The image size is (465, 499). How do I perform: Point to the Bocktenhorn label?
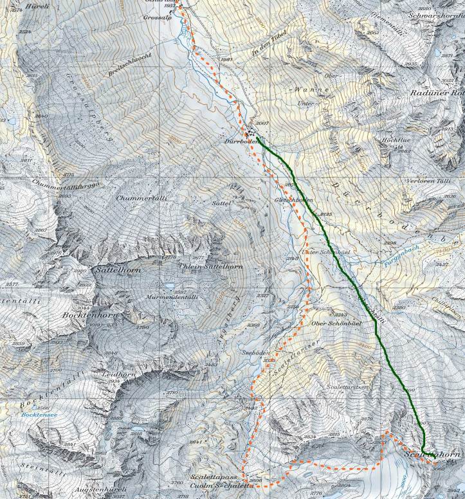87,316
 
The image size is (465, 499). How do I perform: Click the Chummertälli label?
138,198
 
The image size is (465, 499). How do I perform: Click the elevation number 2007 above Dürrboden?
262,123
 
